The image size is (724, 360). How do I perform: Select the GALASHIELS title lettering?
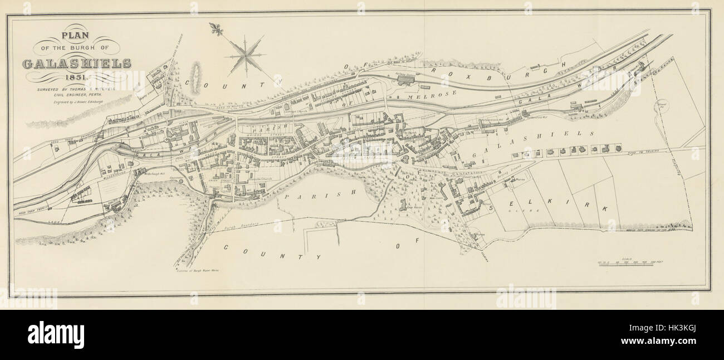[x=77, y=63]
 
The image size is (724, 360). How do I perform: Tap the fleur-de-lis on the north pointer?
[x=214, y=28]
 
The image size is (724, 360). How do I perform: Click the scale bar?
[x=629, y=264]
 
